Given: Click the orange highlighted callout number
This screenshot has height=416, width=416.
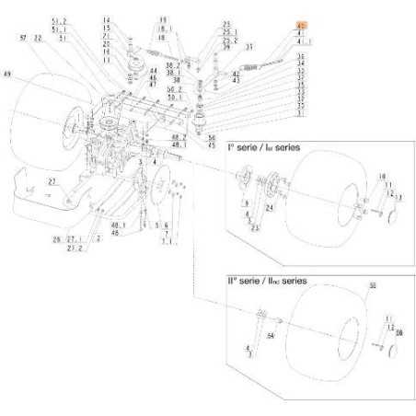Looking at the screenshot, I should coord(301,24).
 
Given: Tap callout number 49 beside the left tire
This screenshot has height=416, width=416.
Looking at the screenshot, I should coord(8,73).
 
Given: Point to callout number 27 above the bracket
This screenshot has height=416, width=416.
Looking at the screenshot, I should coord(52,182).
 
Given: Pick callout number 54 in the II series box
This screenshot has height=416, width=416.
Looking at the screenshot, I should coord(272,336).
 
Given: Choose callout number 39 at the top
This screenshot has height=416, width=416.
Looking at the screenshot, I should coord(162,20).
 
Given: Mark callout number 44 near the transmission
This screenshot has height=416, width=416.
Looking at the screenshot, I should coord(153,70).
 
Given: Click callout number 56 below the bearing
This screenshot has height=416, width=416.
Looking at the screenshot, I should coord(212,137).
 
